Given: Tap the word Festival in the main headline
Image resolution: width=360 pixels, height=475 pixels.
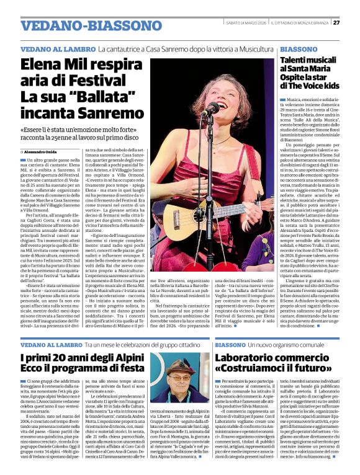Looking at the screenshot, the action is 102,80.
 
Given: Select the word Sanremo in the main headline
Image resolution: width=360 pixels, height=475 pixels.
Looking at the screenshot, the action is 110,113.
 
